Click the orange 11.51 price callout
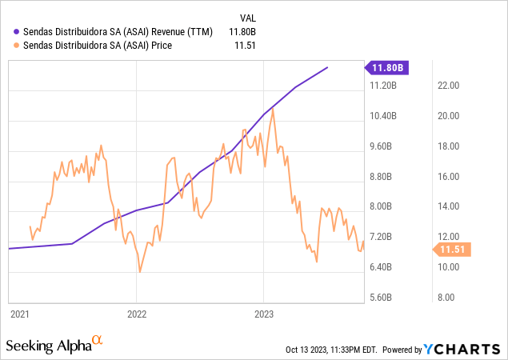click(454, 250)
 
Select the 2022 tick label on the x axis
click(137, 314)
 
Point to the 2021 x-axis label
click(20, 314)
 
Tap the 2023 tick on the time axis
click(263, 314)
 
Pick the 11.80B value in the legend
click(246, 32)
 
